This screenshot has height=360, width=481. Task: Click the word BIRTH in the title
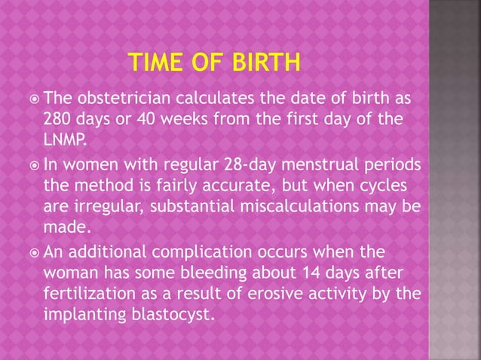[x=262, y=61]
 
